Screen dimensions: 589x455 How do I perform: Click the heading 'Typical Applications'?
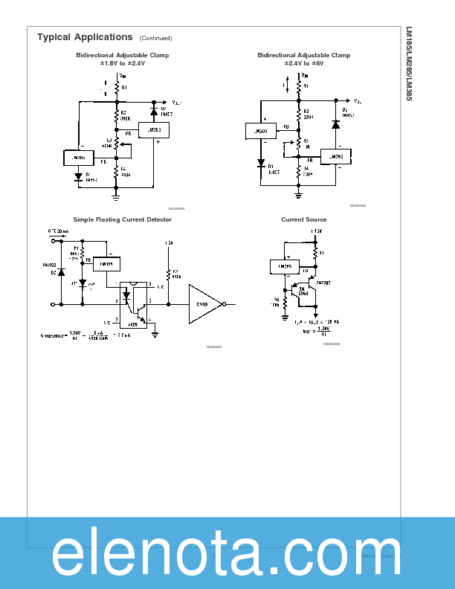[x=85, y=37]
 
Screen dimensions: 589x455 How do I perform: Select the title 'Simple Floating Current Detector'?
[x=122, y=219]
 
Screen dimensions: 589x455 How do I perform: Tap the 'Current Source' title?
[x=303, y=219]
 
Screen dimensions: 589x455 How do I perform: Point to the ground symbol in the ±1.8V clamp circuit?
[x=116, y=196]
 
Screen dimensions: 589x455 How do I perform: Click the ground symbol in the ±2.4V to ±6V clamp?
[x=298, y=194]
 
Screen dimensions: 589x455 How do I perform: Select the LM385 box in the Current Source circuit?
[x=284, y=266]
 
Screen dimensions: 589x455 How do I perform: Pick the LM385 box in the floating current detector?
[x=107, y=264]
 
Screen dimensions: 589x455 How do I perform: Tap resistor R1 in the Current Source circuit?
[x=315, y=253]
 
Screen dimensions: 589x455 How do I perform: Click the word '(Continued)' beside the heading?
[x=155, y=38]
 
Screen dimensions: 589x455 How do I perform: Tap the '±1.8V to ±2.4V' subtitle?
[x=123, y=64]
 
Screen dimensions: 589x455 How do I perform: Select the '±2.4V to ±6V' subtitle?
[x=303, y=64]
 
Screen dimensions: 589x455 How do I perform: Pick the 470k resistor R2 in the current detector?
[x=169, y=275]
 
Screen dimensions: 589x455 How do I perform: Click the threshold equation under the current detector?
[x=85, y=335]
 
